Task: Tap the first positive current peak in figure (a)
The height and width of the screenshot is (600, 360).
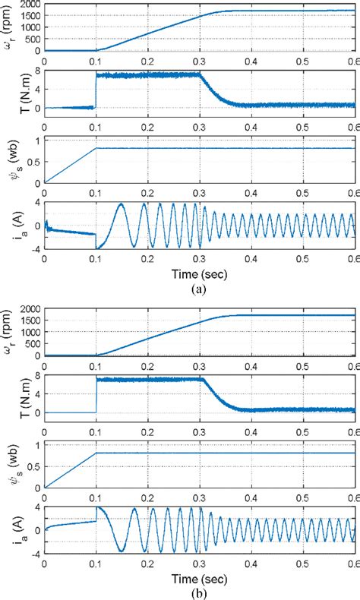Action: click(119, 204)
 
